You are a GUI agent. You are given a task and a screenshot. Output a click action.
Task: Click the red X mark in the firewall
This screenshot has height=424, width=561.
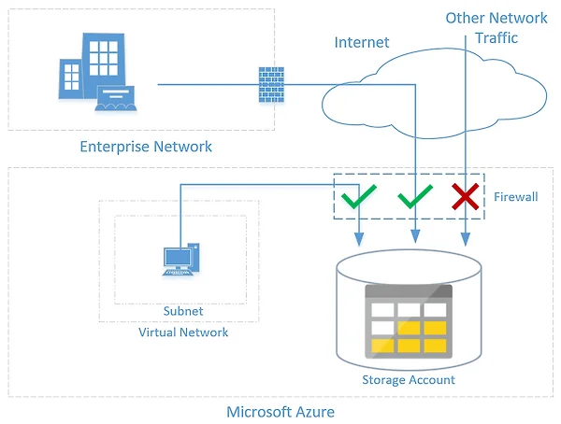465,196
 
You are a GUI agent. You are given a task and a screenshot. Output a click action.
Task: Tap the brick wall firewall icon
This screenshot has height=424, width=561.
271,85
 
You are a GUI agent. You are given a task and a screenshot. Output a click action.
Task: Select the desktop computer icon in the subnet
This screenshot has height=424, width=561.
181,260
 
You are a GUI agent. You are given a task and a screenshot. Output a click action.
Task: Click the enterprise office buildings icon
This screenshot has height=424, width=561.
97,72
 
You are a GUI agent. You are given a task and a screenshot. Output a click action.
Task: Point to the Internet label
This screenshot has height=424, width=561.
361,43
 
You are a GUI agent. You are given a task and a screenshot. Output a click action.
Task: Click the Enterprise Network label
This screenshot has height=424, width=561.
146,147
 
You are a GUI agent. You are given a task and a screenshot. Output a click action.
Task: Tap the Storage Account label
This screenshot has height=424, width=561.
409,380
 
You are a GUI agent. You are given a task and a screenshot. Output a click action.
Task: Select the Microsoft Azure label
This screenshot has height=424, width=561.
280,412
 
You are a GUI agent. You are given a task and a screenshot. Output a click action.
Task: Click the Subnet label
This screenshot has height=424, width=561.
183,311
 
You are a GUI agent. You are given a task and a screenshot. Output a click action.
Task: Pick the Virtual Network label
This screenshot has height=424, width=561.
183,332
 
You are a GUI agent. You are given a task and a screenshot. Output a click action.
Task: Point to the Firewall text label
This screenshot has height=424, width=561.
515,197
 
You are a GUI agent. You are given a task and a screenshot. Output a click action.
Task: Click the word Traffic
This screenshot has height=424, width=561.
496,38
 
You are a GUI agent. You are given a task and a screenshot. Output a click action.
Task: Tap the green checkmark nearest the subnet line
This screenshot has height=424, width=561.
358,196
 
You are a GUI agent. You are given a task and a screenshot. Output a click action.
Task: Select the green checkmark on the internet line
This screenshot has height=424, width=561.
415,196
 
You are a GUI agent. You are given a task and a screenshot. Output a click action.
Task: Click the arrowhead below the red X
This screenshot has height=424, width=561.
465,239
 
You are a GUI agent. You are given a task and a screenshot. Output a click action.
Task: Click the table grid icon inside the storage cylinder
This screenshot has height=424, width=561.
409,321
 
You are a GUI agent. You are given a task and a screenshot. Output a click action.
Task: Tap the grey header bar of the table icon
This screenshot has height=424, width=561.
409,291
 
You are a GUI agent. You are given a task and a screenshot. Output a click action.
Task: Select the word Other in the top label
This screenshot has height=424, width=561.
464,18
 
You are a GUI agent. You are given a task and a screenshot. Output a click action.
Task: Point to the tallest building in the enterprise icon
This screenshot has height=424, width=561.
104,64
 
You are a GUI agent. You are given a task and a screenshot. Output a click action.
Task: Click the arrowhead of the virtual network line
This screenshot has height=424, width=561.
359,239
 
